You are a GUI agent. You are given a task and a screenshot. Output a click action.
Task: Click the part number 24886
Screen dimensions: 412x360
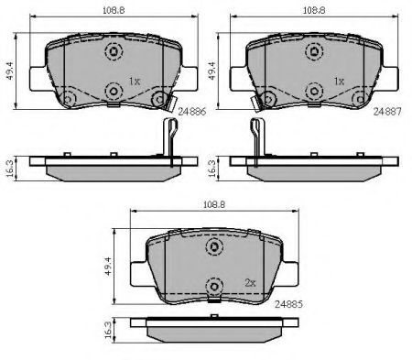click(192, 112)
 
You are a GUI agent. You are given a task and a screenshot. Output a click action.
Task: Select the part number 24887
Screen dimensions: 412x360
click(387, 112)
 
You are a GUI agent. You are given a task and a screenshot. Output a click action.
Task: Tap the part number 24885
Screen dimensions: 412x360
click(288, 304)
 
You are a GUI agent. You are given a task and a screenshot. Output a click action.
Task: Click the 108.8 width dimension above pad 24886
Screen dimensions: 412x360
click(114, 11)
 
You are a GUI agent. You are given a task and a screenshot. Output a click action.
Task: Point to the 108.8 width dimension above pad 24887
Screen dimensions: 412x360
click(314, 11)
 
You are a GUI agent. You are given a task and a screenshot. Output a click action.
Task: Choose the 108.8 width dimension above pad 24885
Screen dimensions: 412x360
click(214, 205)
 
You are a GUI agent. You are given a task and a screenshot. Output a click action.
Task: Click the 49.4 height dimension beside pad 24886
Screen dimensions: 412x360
click(10, 71)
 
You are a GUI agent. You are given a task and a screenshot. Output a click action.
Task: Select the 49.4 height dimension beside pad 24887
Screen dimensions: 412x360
click(211, 71)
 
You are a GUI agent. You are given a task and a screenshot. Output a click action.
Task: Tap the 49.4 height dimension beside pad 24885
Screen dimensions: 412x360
click(109, 266)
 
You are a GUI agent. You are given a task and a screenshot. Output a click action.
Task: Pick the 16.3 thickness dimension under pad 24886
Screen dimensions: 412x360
click(10, 169)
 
